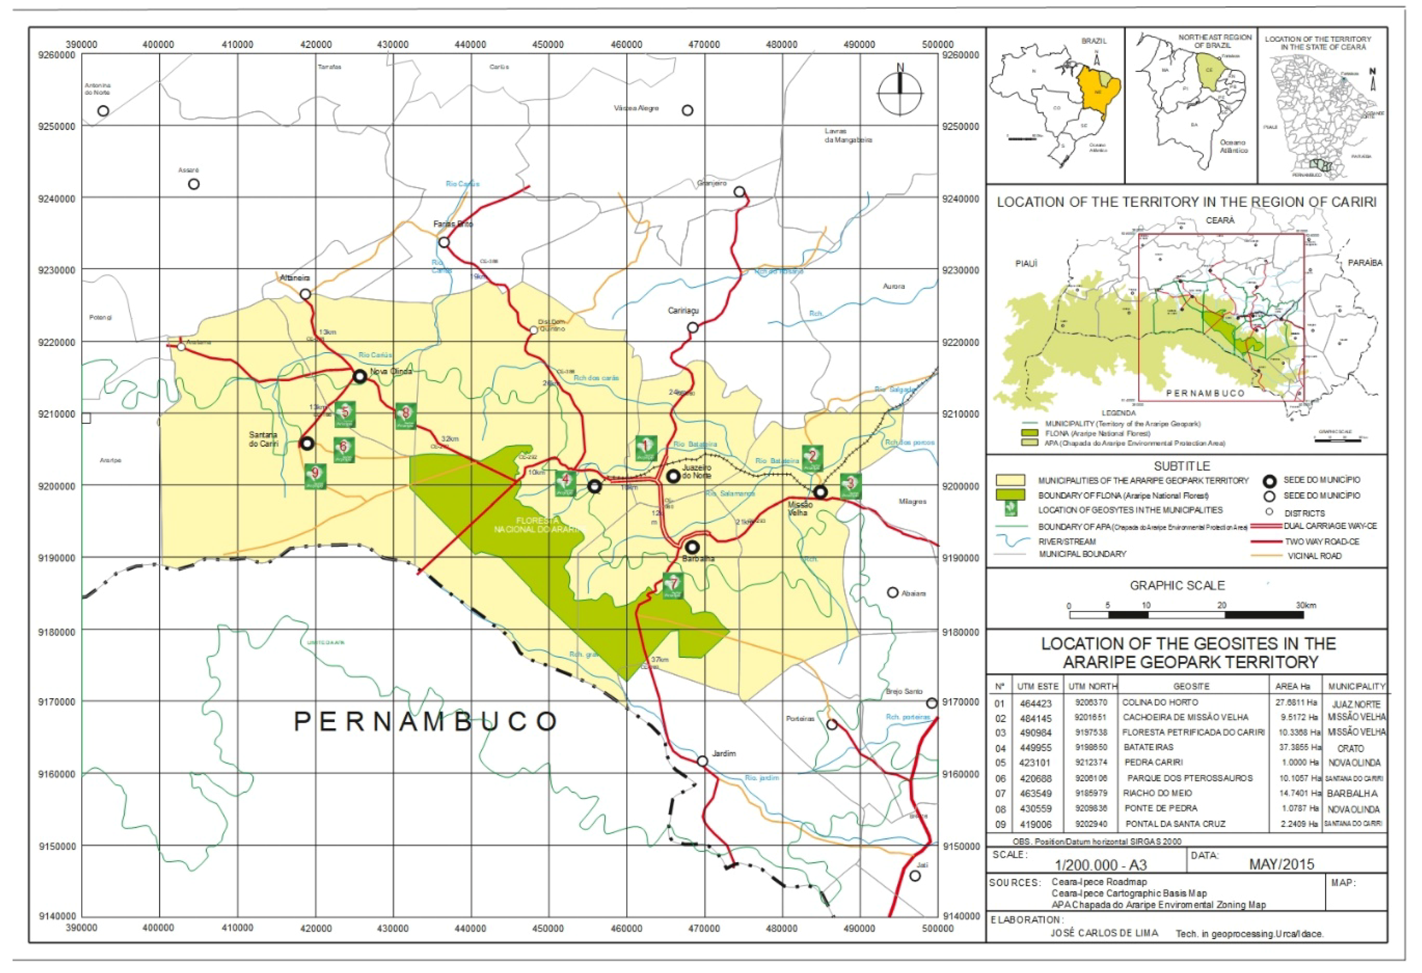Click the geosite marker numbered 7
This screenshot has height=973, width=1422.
tap(673, 586)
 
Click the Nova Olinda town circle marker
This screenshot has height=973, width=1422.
tap(360, 376)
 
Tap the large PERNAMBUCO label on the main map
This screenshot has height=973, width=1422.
tap(425, 722)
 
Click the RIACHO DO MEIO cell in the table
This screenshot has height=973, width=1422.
tap(1158, 793)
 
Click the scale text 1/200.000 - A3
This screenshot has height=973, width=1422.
tap(1100, 865)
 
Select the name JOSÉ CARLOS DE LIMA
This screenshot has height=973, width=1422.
tap(1104, 933)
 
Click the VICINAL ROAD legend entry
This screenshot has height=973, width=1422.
tap(1314, 556)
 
